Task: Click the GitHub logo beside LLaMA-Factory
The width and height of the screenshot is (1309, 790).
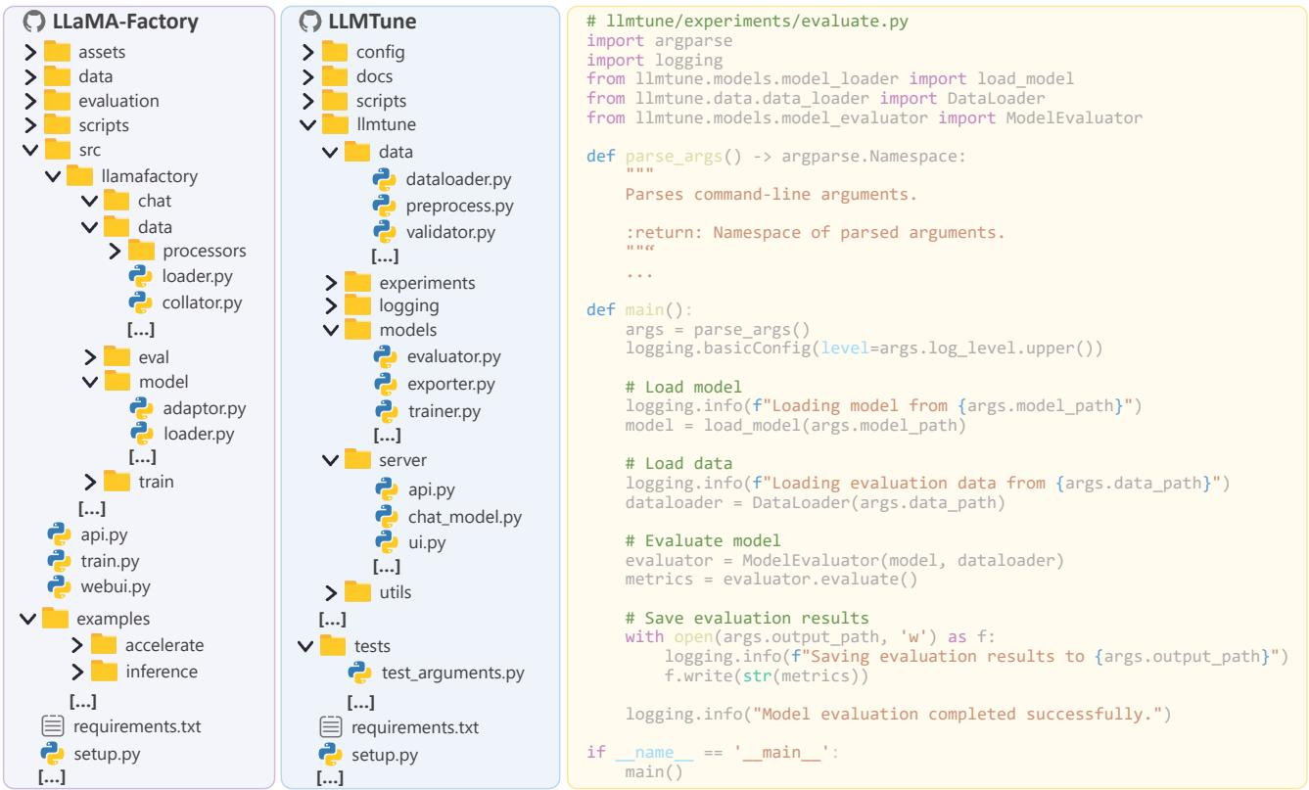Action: click(34, 22)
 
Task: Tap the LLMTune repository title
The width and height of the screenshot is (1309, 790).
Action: click(372, 22)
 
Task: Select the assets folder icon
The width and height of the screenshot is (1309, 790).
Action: click(57, 52)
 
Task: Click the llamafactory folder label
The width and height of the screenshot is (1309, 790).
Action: click(150, 176)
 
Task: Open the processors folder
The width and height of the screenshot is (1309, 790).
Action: click(205, 251)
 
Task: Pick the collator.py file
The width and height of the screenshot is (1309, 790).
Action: click(203, 302)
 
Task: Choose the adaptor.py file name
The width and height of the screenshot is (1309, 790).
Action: click(205, 408)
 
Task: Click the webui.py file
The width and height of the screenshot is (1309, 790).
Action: click(116, 586)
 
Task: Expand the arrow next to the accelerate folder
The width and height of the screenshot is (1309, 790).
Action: click(77, 645)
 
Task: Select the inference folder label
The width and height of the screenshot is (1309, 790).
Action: click(162, 672)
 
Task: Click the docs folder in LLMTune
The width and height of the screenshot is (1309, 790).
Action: click(375, 76)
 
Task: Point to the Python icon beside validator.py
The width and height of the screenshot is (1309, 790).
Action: click(385, 232)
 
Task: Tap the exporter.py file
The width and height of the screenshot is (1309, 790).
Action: click(451, 384)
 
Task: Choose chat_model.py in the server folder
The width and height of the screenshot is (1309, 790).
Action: click(465, 517)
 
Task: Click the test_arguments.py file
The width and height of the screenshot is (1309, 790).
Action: click(453, 673)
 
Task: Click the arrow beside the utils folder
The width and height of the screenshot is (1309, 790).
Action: click(331, 592)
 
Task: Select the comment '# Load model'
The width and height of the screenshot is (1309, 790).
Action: click(683, 387)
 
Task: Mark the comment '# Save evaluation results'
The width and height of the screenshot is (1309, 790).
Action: click(747, 618)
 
